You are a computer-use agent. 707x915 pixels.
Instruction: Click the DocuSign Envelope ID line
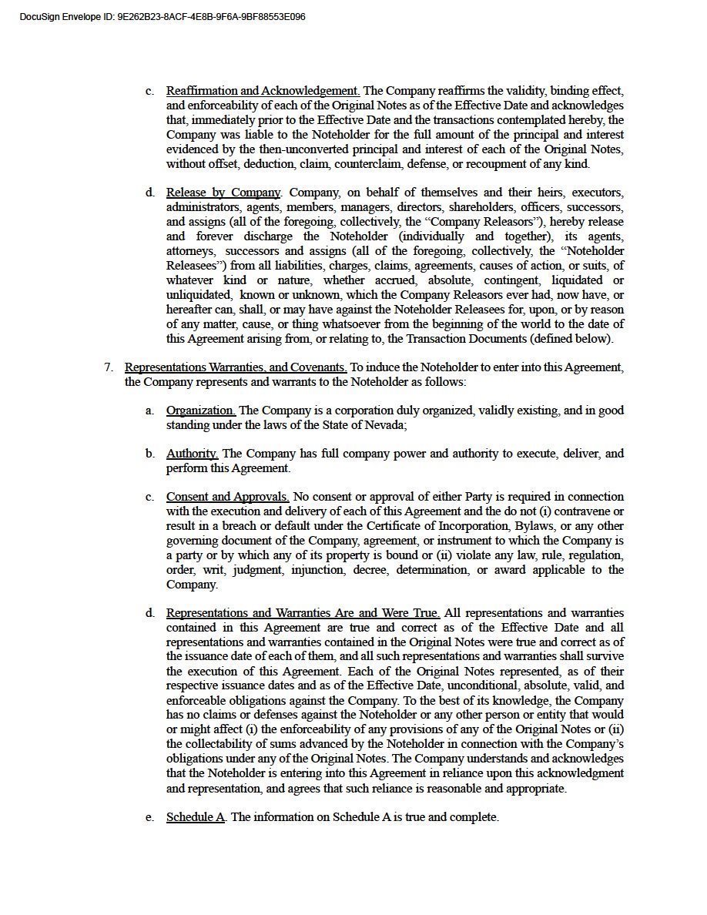(163, 16)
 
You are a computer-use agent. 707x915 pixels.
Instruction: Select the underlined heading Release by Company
(223, 193)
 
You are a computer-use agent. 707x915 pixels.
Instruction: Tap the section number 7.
(109, 367)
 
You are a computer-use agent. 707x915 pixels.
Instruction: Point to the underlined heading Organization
(200, 411)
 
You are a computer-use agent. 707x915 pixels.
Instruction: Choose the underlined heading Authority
(192, 454)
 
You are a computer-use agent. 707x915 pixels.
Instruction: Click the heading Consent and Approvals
(227, 497)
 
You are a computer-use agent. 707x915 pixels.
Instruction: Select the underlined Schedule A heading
(196, 817)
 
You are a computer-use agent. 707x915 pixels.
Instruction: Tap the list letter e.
(149, 817)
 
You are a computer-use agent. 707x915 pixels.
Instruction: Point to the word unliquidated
(199, 295)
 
